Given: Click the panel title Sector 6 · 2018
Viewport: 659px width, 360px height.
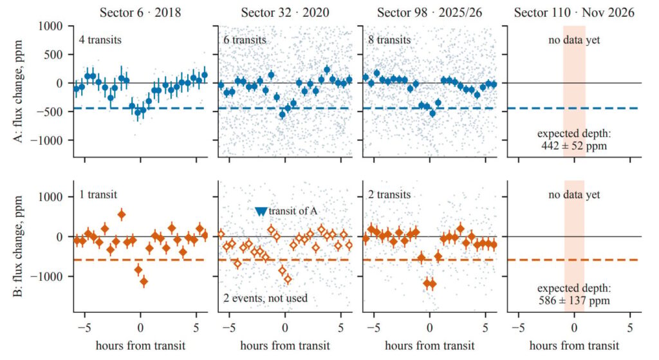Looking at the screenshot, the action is (140, 12).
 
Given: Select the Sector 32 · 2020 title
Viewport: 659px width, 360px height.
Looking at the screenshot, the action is (285, 12).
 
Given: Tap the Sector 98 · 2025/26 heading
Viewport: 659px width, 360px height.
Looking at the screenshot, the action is (429, 12).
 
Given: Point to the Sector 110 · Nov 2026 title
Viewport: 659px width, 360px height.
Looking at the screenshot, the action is (574, 12).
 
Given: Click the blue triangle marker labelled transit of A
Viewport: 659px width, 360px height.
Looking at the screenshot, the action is (261, 211).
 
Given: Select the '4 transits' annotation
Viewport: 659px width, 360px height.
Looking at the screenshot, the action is (100, 40).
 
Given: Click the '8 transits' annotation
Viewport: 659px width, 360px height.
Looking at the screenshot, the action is (389, 40).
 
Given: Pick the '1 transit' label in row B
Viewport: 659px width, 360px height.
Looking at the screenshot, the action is (98, 194).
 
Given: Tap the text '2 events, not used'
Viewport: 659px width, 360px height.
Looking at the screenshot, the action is (265, 298).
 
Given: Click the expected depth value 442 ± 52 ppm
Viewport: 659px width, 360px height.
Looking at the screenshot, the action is (574, 146).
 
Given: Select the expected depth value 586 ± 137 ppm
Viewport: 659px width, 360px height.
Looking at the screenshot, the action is (574, 301).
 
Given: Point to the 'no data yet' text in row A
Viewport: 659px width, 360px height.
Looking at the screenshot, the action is (574, 40).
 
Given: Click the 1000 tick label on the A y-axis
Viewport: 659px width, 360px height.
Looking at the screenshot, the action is (50, 26).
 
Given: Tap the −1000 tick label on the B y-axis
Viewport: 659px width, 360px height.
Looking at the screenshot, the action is (48, 277).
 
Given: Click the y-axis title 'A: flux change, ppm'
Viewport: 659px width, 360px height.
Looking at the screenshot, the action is (18, 91).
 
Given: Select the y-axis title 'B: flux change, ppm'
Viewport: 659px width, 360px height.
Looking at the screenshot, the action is (18, 246).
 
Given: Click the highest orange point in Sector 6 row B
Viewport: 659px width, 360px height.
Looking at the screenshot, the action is (122, 214).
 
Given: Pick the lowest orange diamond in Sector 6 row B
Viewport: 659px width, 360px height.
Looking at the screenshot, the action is (144, 281).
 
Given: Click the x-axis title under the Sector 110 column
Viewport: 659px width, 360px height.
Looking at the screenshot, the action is (574, 346).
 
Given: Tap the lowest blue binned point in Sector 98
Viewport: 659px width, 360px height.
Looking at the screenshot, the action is (432, 113).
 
